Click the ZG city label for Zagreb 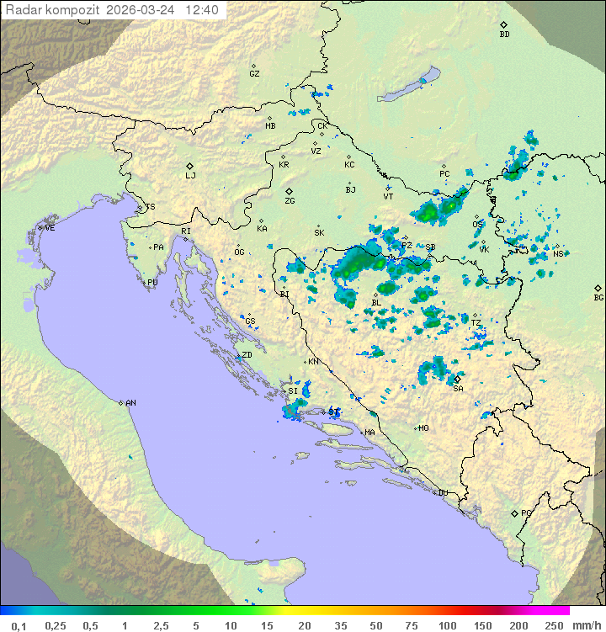(290, 201)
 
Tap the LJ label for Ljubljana (190, 176)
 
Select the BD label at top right (504, 35)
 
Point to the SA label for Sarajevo (458, 389)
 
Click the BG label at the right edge (598, 297)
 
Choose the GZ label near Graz (254, 74)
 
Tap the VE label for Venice (50, 228)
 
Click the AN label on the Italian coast (130, 403)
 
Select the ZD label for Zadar (247, 355)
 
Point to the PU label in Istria (152, 283)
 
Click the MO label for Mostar (423, 428)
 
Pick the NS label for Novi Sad (558, 254)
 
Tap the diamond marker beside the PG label (515, 513)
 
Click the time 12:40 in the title (202, 10)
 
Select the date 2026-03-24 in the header (142, 10)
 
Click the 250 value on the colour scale (553, 625)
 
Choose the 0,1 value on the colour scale (19, 625)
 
